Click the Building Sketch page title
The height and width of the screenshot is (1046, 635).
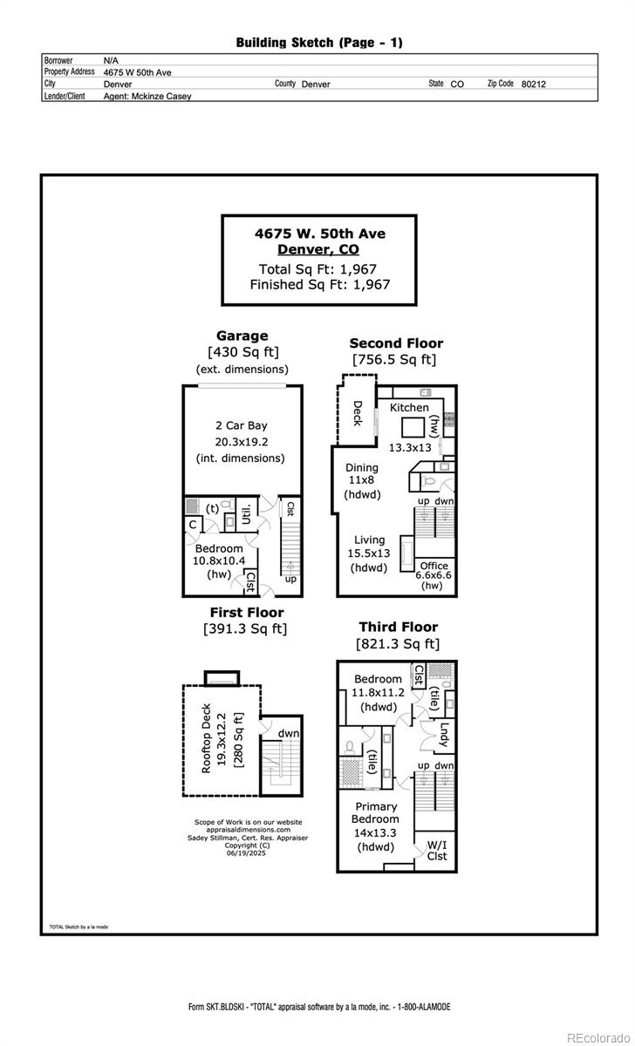coord(319,42)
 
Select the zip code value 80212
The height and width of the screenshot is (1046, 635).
coord(533,85)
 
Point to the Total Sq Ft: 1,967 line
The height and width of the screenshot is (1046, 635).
coord(317,269)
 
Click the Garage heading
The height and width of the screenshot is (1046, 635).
coord(242,336)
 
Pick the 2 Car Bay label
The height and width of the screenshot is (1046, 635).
coord(241,425)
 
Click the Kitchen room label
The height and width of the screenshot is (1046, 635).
coord(409,407)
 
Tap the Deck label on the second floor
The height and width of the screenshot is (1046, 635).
coord(357,412)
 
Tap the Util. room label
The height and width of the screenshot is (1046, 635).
coord(247,513)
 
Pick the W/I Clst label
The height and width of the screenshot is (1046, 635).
coord(437,850)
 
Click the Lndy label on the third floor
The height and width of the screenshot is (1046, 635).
coord(444,735)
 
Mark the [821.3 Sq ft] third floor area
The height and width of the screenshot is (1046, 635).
coord(398,644)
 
